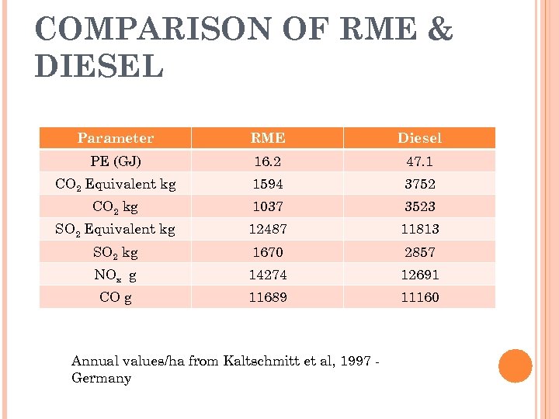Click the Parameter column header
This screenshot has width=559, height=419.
115,138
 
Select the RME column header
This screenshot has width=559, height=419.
267,138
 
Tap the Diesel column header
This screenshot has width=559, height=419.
419,138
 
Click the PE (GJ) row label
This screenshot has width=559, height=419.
115,161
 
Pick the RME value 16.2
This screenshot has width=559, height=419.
267,161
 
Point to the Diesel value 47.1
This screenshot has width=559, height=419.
419,161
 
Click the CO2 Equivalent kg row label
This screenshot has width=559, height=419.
115,185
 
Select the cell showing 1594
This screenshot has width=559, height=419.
267,185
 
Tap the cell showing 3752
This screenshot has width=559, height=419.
419,185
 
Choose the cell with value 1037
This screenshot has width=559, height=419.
267,206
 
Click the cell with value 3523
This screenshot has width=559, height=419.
419,206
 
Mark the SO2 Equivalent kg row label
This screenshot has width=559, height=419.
115,230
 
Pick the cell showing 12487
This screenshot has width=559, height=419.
267,229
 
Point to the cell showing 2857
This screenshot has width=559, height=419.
419,252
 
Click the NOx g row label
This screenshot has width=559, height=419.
115,275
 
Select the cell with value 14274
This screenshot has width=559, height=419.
267,274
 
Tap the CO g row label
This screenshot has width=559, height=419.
115,297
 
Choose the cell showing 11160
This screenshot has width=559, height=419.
419,297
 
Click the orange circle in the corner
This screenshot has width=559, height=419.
516,366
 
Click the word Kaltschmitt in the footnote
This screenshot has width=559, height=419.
259,361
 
